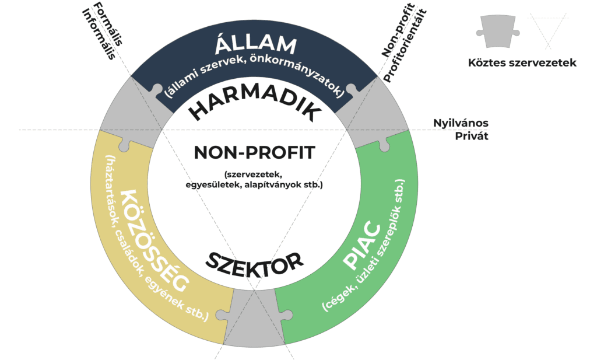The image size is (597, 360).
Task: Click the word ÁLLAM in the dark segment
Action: pyautogui.click(x=256, y=46)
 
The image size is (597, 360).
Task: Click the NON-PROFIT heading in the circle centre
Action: pyautogui.click(x=254, y=153)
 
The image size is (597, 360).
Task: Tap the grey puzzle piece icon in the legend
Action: pyautogui.click(x=499, y=33)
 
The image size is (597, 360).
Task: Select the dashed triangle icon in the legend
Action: pyautogui.click(x=549, y=32)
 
